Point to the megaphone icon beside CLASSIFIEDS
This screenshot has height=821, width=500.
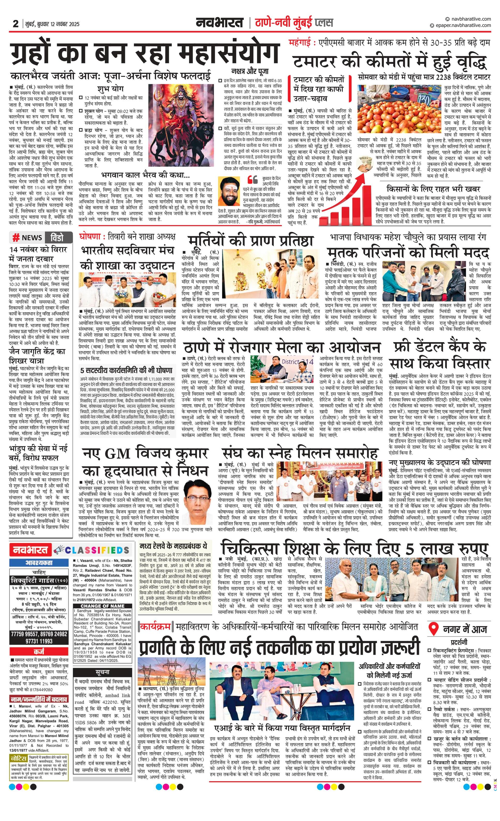coord(59,550)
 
